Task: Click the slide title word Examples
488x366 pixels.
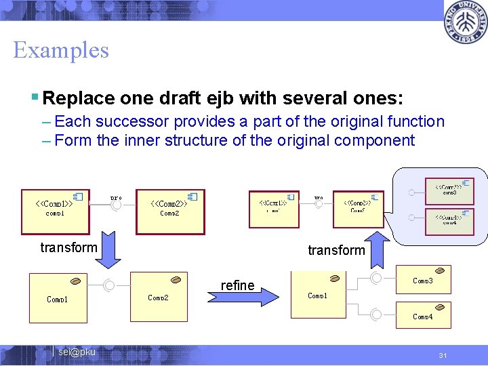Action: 61,50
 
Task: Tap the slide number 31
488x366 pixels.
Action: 443,356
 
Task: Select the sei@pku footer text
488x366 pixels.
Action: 77,352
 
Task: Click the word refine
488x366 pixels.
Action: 237,285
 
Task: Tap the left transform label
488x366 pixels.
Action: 68,247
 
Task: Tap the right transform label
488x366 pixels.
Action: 336,250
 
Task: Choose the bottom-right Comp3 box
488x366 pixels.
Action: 424,279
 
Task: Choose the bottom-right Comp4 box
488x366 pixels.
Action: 424,316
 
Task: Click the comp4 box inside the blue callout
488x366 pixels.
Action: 449,220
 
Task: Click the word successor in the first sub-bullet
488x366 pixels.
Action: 125,122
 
